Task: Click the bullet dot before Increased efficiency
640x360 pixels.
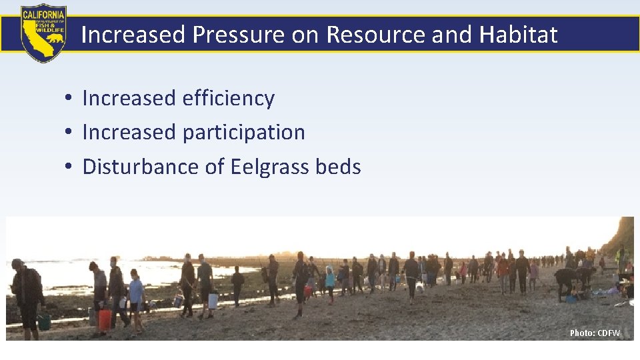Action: pyautogui.click(x=69, y=99)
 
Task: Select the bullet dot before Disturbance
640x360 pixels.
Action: pyautogui.click(x=69, y=167)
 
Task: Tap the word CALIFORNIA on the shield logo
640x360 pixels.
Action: pyautogui.click(x=43, y=13)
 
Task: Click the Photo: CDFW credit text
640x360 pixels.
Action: pyautogui.click(x=595, y=333)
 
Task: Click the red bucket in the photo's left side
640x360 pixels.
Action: pyautogui.click(x=105, y=318)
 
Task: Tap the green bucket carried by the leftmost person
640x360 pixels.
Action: pyautogui.click(x=45, y=322)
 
